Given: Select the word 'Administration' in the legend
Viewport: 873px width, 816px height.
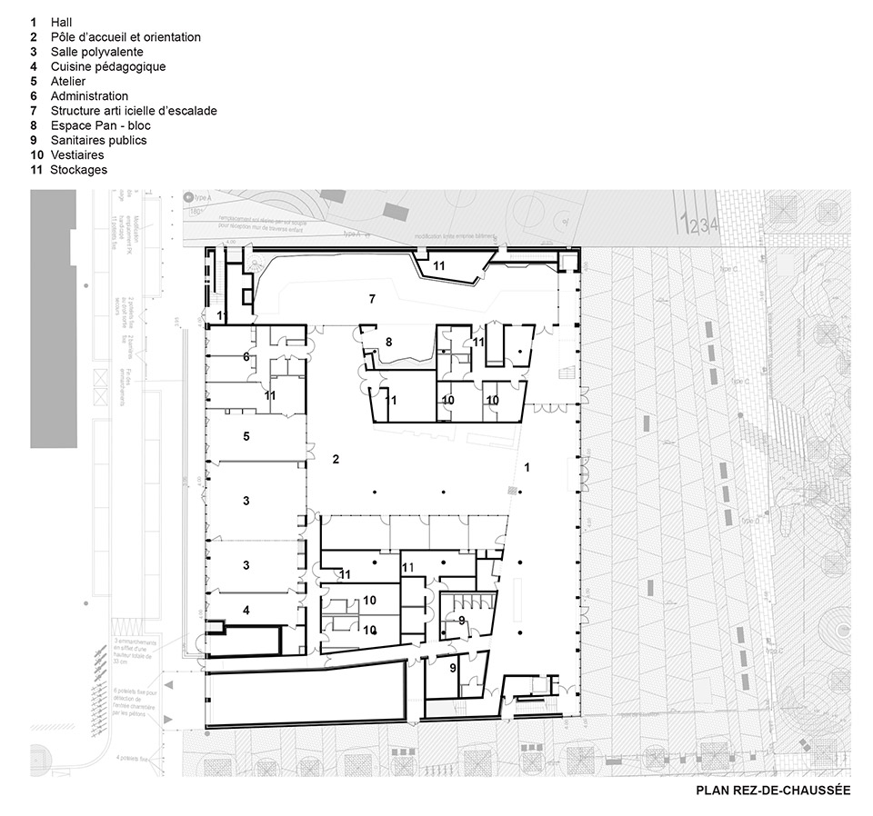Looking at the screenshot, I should pyautogui.click(x=89, y=95).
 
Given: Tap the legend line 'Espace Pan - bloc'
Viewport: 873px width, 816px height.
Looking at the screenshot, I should pyautogui.click(x=100, y=125).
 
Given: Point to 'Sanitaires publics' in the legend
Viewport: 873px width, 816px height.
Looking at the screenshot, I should pyautogui.click(x=98, y=140).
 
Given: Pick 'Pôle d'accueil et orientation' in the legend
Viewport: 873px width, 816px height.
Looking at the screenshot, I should pyautogui.click(x=125, y=37).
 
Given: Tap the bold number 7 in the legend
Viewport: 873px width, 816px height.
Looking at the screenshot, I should pyautogui.click(x=33, y=111).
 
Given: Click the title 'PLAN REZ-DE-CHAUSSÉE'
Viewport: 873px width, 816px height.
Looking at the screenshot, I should pyautogui.click(x=773, y=791).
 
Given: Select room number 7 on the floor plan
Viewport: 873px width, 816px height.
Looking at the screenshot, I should pyautogui.click(x=371, y=299).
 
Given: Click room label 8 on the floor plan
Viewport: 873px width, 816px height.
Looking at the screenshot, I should pyautogui.click(x=388, y=342).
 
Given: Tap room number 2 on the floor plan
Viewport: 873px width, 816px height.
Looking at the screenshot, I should pyautogui.click(x=336, y=460).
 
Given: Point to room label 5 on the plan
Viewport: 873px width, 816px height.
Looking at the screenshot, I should pyautogui.click(x=246, y=436).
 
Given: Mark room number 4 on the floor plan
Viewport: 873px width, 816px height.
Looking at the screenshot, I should pyautogui.click(x=246, y=610).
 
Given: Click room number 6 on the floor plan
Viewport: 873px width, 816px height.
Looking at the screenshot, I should pyautogui.click(x=246, y=357).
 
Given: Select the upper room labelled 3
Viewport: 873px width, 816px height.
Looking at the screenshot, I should pyautogui.click(x=246, y=501).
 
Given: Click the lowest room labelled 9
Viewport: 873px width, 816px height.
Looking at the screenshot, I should pyautogui.click(x=452, y=668).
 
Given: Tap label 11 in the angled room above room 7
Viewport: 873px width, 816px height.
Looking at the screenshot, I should pyautogui.click(x=438, y=264).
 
